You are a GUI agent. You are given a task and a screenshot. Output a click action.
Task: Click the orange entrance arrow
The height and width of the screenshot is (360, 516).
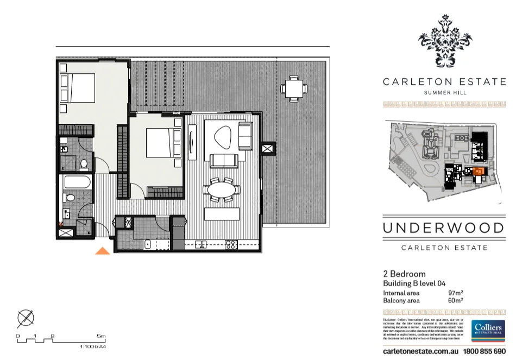(x=103, y=250)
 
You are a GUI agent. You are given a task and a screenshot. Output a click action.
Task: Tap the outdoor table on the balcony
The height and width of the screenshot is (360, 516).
(x=293, y=88)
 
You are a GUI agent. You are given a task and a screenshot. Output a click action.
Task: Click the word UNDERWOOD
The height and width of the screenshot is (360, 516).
(x=444, y=228)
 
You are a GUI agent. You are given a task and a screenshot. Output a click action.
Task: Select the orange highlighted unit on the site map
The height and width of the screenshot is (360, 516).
(x=477, y=173)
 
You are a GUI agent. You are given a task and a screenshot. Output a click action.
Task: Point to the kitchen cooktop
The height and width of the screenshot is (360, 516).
(x=231, y=244)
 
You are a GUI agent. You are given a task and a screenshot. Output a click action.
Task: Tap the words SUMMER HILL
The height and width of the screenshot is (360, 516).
(x=444, y=93)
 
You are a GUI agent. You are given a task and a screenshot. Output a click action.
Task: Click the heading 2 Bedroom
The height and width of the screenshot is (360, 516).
(x=404, y=274)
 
